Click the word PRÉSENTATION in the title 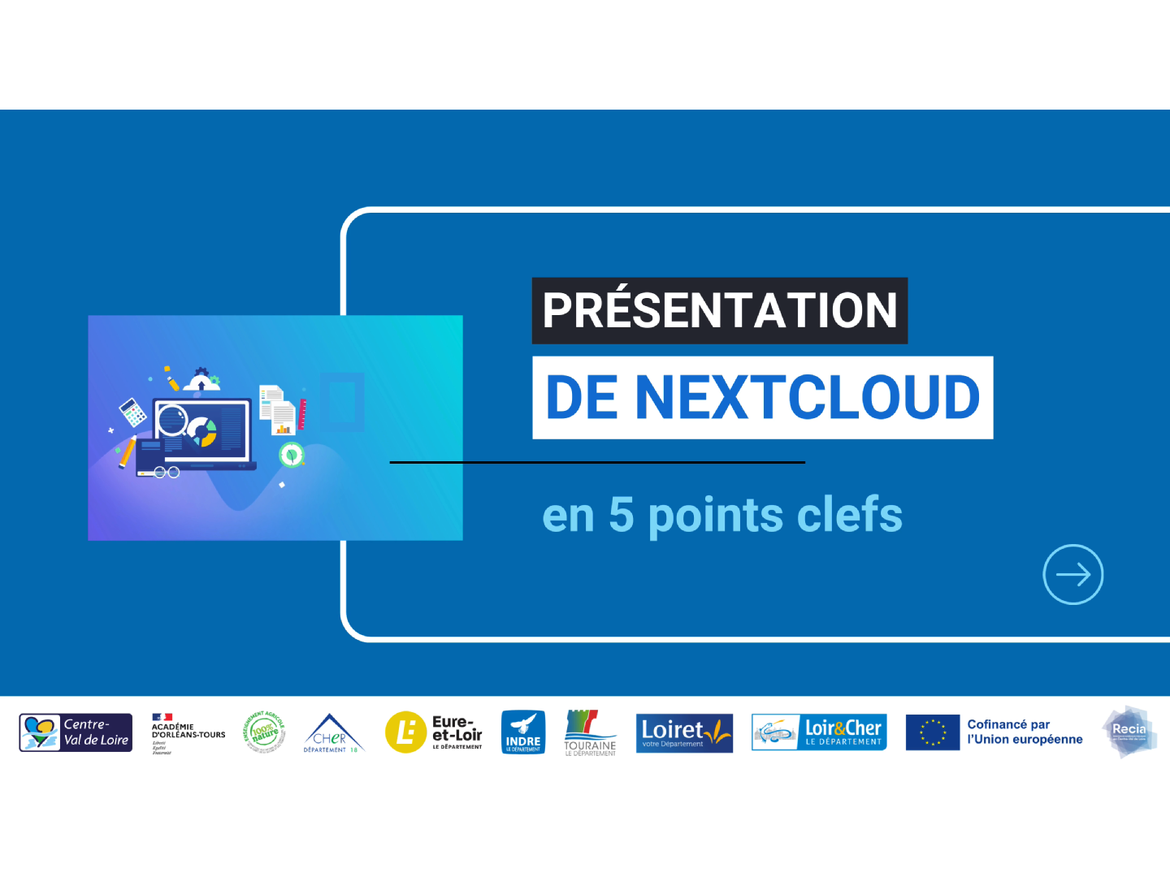tap(719, 311)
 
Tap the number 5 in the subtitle tap(621, 515)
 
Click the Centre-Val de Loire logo tap(76, 732)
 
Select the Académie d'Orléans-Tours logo tap(188, 733)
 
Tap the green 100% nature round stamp tap(265, 732)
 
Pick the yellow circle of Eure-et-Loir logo tap(405, 732)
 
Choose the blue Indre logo tap(522, 732)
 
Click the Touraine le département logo tap(591, 733)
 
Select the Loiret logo tap(684, 733)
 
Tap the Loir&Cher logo tap(819, 732)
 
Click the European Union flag tap(933, 732)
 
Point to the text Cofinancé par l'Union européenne tap(1025, 732)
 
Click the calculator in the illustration tap(132, 412)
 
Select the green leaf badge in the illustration tap(291, 455)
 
